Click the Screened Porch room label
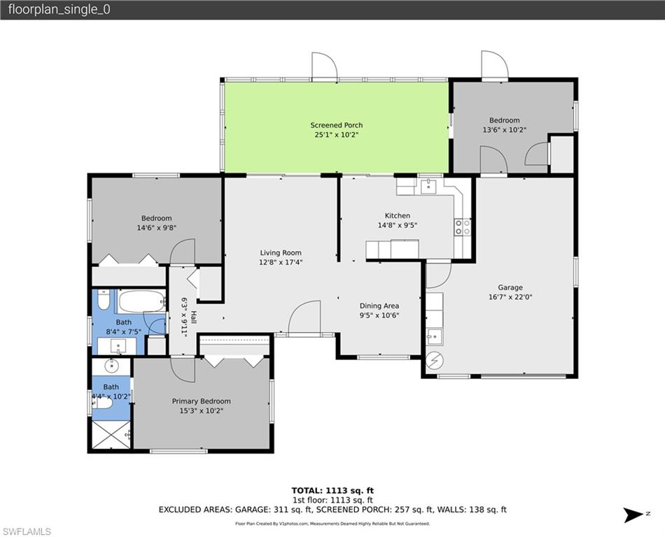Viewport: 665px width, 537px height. (336, 125)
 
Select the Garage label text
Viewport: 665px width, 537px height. (510, 287)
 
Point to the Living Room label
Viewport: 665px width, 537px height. (281, 252)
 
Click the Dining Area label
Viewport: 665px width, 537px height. (379, 306)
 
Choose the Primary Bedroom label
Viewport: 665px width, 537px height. (201, 401)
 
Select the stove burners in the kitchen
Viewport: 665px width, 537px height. (463, 227)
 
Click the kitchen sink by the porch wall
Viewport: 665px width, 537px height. (428, 186)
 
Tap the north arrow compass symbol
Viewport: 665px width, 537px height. (634, 515)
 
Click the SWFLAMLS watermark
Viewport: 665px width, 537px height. (26, 531)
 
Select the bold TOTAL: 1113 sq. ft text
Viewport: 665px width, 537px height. (332, 491)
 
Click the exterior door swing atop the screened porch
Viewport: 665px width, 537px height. (325, 66)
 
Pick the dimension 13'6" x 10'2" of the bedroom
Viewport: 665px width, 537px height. (504, 130)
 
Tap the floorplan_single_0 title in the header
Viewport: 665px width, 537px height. (59, 10)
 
